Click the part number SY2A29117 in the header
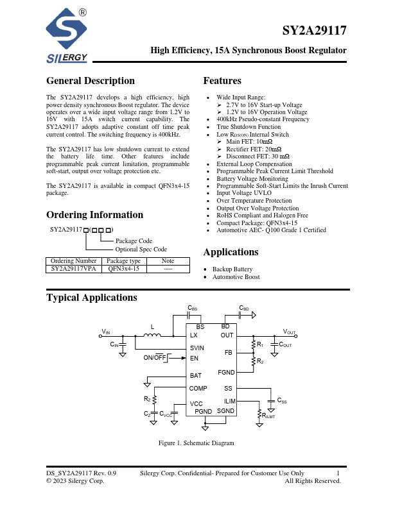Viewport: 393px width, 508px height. (x=315, y=31)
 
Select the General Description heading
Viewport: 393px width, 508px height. (x=91, y=81)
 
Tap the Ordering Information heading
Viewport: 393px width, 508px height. (x=94, y=215)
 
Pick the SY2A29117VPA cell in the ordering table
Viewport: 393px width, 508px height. (x=73, y=269)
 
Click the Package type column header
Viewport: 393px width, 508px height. (x=123, y=261)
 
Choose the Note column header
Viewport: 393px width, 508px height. (x=168, y=261)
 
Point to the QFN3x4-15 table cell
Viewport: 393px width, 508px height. (x=123, y=269)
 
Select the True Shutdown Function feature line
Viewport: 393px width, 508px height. (x=249, y=127)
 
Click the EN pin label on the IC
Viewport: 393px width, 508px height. (x=194, y=358)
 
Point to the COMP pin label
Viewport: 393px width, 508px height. (x=198, y=389)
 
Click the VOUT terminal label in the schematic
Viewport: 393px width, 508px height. (x=290, y=332)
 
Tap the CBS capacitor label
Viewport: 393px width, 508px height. (x=193, y=308)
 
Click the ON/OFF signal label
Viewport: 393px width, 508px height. (x=155, y=357)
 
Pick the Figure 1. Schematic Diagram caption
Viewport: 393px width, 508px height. (x=197, y=443)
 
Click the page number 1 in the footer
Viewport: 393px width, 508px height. (x=338, y=473)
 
